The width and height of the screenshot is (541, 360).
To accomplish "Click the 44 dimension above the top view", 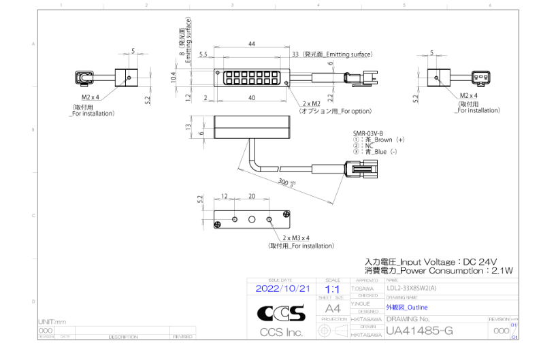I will click(x=252, y=44).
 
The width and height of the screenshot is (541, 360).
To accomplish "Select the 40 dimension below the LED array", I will click(x=252, y=97).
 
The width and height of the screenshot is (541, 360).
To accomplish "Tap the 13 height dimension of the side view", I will click(x=188, y=127).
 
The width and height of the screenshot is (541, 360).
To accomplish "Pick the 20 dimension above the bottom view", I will click(x=252, y=197).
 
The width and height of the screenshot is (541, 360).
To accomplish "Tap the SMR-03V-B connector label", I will click(x=367, y=133).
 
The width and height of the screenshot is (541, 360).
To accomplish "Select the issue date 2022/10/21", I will click(x=282, y=289).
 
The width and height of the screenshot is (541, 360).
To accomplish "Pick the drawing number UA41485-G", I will click(x=419, y=331).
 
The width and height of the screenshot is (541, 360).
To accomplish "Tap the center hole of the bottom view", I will click(x=252, y=219).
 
